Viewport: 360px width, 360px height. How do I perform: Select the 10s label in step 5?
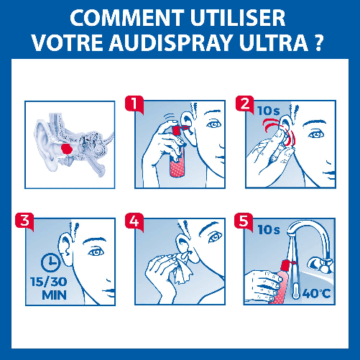click(x=269, y=229)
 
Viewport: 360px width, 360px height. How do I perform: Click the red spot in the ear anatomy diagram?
click(x=67, y=147)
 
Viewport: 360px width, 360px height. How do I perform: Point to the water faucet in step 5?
click(x=305, y=241)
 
